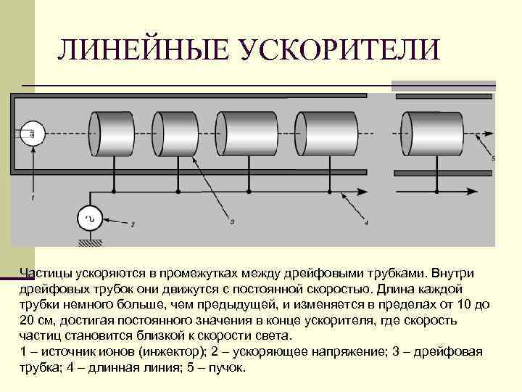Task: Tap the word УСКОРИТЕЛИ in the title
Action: [337, 50]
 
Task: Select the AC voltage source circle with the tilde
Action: [91, 219]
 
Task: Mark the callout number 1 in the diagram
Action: [32, 197]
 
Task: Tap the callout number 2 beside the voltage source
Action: [132, 224]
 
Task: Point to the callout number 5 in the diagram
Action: [493, 158]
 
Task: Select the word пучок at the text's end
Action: [225, 367]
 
